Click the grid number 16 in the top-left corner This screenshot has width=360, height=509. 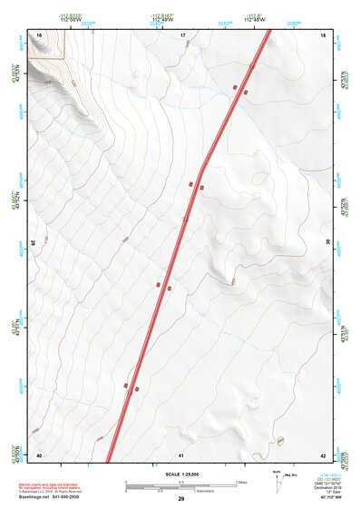tap(40, 34)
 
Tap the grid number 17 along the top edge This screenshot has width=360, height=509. tap(182, 34)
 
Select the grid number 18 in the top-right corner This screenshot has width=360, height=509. tap(324, 34)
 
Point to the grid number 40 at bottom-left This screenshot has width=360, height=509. tap(39, 455)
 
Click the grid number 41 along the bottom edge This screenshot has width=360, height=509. tap(182, 455)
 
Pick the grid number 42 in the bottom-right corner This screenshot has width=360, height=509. tap(323, 455)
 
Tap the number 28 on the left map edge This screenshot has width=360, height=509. tap(34, 242)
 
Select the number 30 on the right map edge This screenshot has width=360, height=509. tap(328, 242)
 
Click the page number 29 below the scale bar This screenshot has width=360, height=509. tap(181, 500)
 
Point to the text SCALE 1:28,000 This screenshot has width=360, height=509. tap(181, 474)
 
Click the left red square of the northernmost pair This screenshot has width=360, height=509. tap(235, 87)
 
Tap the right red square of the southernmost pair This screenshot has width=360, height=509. tap(137, 389)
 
